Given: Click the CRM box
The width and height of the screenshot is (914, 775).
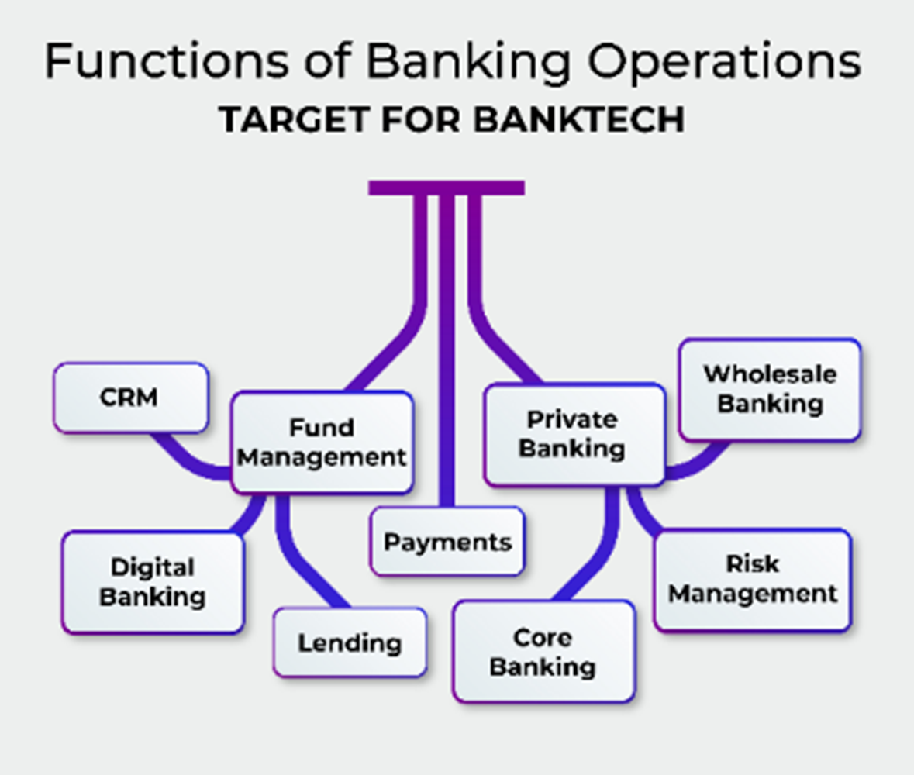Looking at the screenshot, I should tap(130, 398).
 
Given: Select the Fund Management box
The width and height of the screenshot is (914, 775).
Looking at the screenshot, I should tap(322, 443).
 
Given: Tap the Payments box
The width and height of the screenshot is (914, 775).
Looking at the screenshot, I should tap(447, 542).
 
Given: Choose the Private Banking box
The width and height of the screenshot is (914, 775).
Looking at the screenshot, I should tap(574, 434).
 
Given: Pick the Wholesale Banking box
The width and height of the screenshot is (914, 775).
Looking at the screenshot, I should tap(770, 389).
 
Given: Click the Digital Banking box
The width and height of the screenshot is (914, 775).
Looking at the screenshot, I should tap(153, 582).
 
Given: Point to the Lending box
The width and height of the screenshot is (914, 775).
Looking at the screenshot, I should tap(350, 642).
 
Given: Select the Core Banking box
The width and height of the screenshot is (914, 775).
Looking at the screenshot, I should tap(543, 652).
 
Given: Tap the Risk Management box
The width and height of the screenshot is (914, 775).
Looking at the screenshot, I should tap(753, 580).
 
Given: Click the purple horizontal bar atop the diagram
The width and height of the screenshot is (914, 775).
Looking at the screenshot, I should tap(447, 188).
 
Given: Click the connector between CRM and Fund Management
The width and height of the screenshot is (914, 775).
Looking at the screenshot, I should tap(187, 462).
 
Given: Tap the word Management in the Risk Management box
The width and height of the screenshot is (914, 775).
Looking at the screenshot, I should tap(753, 594).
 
